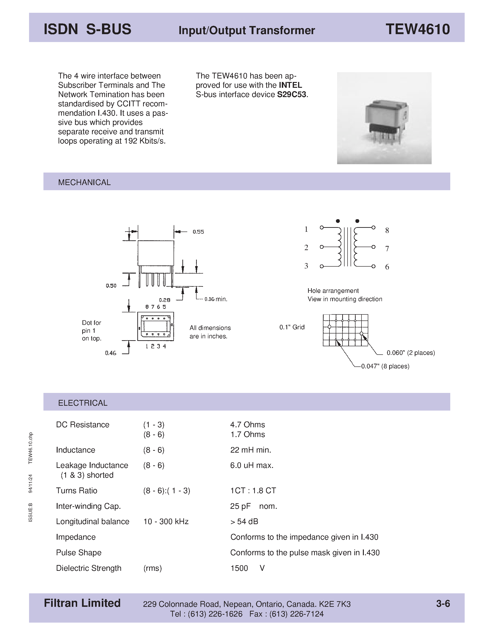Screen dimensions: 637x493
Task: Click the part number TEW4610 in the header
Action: pyautogui.click(x=417, y=29)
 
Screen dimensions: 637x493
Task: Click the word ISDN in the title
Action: pyautogui.click(x=61, y=29)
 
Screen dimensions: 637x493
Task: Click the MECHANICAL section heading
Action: pyautogui.click(x=84, y=182)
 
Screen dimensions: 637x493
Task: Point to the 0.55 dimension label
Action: pyautogui.click(x=198, y=232)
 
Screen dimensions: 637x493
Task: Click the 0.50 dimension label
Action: pyautogui.click(x=111, y=286)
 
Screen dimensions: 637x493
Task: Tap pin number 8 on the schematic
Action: pyautogui.click(x=387, y=231)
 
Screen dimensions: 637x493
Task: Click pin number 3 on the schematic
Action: pyautogui.click(x=306, y=266)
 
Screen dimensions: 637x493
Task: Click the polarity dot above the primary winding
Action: pyautogui.click(x=338, y=221)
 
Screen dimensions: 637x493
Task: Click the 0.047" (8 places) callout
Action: pyautogui.click(x=385, y=366)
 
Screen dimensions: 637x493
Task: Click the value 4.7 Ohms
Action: pyautogui.click(x=247, y=425)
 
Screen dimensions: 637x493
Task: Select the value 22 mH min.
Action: pyautogui.click(x=251, y=450)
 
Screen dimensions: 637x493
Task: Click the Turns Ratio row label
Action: pyautogui.click(x=76, y=491)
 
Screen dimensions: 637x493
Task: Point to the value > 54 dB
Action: pyautogui.click(x=244, y=522)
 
